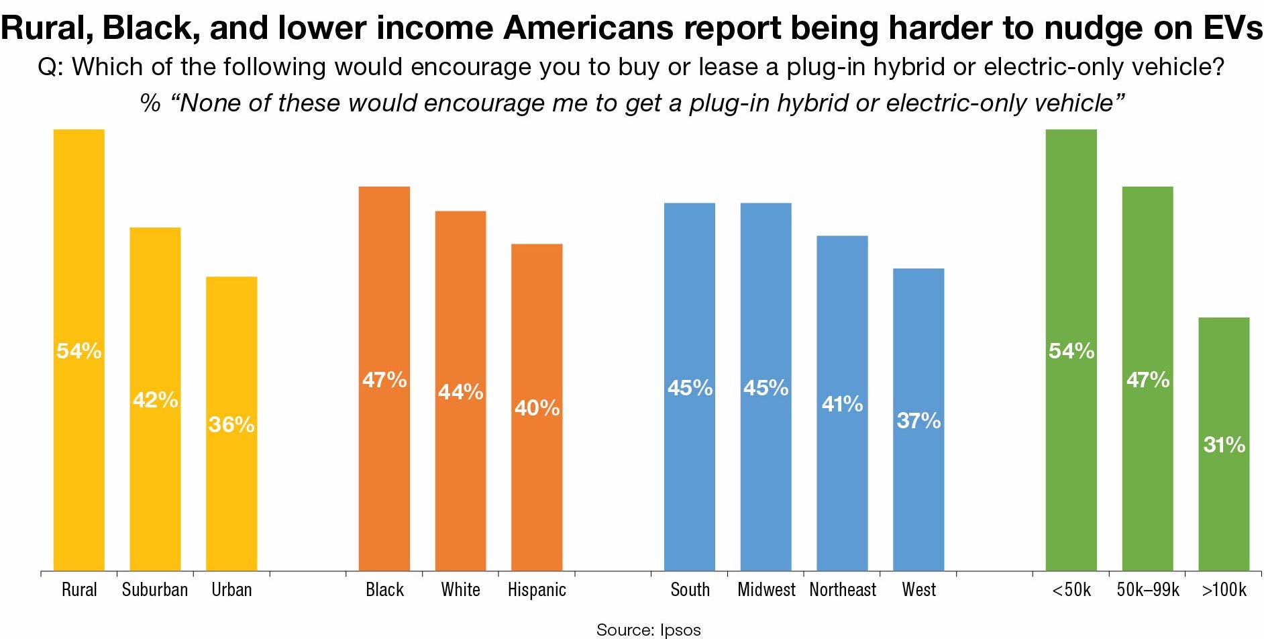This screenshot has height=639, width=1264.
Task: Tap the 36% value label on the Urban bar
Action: coord(231,424)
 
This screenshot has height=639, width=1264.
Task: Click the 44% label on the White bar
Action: coord(461,391)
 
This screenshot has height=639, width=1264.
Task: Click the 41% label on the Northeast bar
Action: coord(843,403)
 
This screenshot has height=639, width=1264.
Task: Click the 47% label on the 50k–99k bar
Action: coord(1148,380)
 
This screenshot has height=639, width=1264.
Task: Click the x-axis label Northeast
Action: coord(843,590)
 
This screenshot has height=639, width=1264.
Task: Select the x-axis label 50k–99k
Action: coord(1148,590)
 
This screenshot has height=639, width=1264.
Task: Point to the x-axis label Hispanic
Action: coord(537,590)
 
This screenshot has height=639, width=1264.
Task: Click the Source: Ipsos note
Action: coord(648,630)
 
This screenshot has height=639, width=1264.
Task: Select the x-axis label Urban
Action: coord(231,590)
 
